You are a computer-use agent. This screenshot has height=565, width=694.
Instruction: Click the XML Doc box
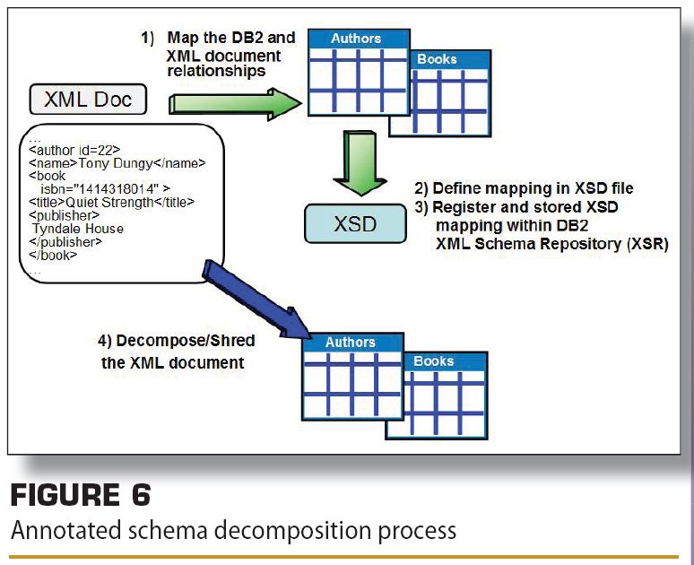coord(88,100)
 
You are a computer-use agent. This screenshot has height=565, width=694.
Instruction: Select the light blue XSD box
coord(355,223)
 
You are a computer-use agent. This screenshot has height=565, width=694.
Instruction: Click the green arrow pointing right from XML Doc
coord(235,104)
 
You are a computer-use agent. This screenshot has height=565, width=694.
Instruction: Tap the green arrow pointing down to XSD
coord(360,163)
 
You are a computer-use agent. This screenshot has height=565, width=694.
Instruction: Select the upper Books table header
coord(451,59)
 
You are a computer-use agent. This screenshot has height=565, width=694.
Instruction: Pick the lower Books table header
coord(446,361)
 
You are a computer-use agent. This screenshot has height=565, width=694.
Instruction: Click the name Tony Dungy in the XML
coord(116,163)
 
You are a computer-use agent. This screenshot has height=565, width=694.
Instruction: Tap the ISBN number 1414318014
coord(113,189)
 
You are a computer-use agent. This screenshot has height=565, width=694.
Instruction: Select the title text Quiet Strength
coord(109,203)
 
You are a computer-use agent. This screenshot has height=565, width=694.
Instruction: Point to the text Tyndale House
coord(78,229)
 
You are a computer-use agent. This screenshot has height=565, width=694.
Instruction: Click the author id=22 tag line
coord(74,150)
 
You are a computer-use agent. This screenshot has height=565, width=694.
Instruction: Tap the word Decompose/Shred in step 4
coord(186,341)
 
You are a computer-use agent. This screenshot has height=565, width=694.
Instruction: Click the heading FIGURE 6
coord(81,494)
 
